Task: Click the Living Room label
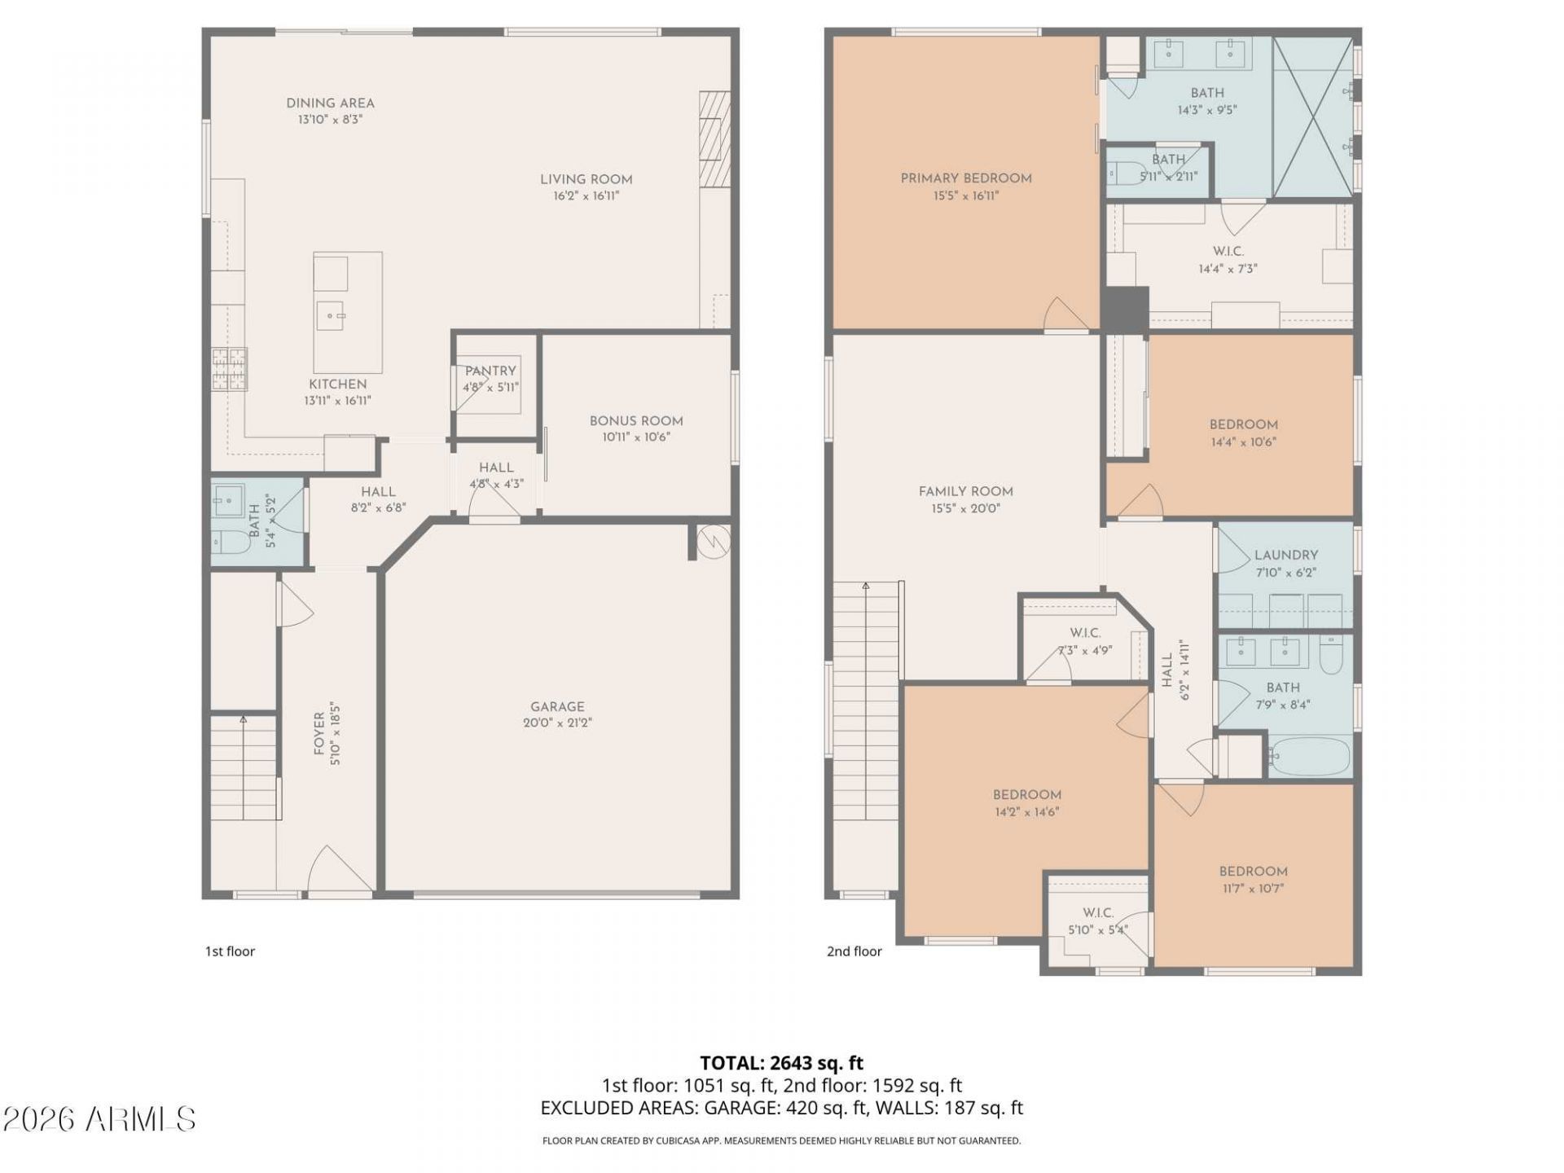[x=586, y=179]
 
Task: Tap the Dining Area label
[x=330, y=103]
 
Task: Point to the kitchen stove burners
[x=229, y=369]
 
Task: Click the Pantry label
[x=490, y=371]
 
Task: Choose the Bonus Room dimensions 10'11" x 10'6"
[x=636, y=437]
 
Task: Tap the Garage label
[x=557, y=707]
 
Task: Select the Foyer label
[x=319, y=733]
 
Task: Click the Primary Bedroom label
[x=966, y=178]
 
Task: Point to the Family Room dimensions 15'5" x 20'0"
[x=965, y=509]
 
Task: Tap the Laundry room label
[x=1285, y=556]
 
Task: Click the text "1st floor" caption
[x=230, y=951]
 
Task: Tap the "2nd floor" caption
[x=854, y=951]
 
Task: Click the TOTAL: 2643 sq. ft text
[x=781, y=1063]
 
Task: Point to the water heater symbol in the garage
[x=714, y=540]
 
